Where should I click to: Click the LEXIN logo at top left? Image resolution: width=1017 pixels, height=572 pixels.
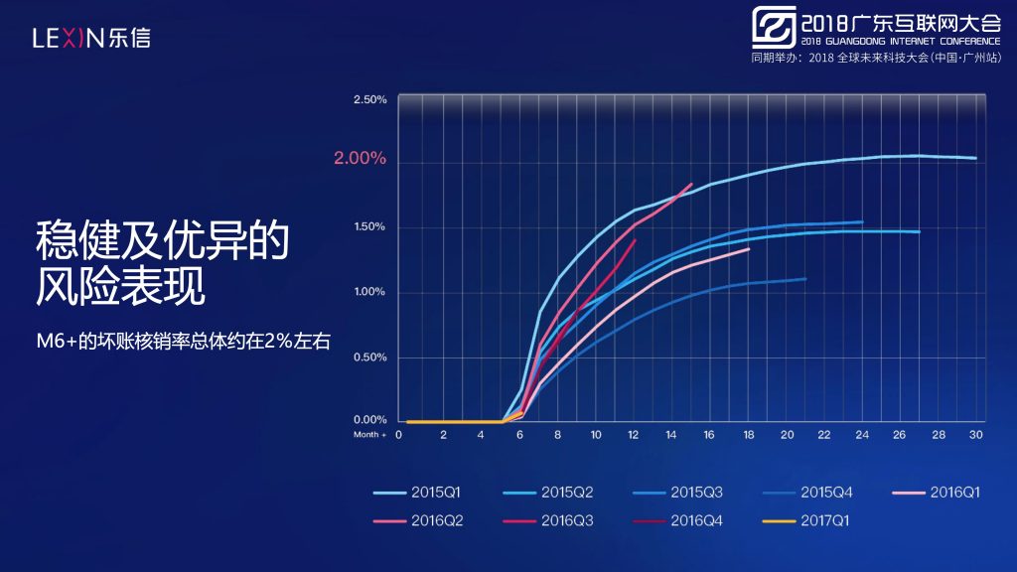click(91, 38)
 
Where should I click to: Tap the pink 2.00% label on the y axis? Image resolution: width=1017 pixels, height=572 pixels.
click(360, 158)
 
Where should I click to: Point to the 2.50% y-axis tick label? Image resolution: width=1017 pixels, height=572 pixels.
click(370, 99)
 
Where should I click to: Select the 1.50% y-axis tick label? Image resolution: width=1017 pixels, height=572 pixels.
click(369, 226)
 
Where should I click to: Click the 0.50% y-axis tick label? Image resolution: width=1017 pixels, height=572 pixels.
click(370, 357)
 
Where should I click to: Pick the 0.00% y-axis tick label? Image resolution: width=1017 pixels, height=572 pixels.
click(370, 420)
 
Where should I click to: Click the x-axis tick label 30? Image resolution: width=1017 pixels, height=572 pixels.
click(976, 435)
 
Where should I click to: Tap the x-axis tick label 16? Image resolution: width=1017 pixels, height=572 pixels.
click(709, 435)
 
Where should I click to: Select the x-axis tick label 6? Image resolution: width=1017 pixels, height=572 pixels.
click(519, 435)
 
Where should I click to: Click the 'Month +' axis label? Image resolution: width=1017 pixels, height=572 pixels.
click(369, 435)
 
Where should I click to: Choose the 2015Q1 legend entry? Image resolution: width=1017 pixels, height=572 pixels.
click(416, 493)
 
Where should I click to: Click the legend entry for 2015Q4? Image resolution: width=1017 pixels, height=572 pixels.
click(806, 493)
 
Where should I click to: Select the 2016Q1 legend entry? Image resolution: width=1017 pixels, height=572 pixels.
click(936, 493)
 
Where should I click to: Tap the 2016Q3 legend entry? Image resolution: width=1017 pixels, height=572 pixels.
click(547, 520)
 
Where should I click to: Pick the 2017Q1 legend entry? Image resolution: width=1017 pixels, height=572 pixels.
click(805, 520)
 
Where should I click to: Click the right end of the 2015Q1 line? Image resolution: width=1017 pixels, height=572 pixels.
click(976, 158)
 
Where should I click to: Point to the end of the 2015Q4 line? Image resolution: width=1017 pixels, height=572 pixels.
click(805, 279)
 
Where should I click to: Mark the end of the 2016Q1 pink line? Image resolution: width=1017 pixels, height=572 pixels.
click(749, 249)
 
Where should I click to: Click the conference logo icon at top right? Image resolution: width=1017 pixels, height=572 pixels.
click(774, 27)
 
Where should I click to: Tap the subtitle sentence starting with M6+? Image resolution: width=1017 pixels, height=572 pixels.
click(184, 342)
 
